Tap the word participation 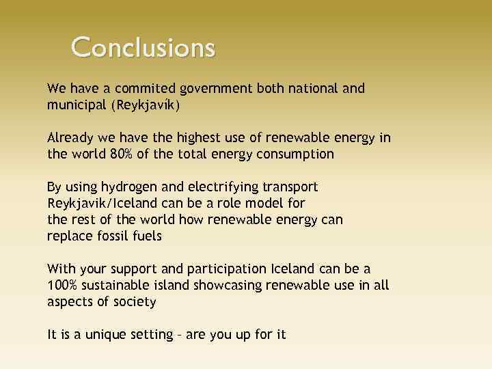coord(208,269)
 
